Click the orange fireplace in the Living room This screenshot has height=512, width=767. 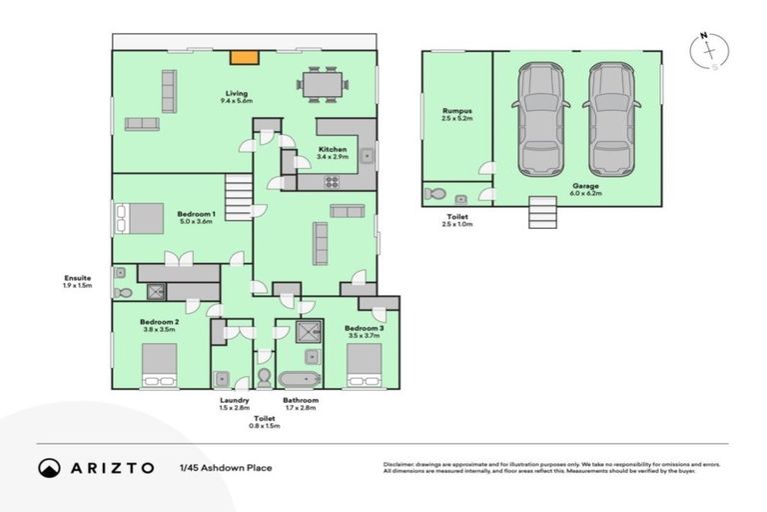click(x=241, y=58)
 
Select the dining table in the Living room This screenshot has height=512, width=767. click(x=323, y=83)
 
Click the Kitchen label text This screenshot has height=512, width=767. click(x=332, y=149)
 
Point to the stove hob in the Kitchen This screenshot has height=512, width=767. click(x=333, y=181)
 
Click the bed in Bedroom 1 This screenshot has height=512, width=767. click(x=139, y=217)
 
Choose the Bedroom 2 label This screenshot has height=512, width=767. click(x=161, y=321)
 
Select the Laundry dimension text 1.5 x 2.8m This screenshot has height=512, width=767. click(x=235, y=408)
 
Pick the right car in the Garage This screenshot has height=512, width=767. click(x=610, y=118)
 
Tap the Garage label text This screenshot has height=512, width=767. click(x=585, y=186)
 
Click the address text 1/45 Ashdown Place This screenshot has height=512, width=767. click(x=225, y=467)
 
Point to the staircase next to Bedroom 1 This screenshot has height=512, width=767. click(x=238, y=191)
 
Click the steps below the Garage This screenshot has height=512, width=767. click(x=540, y=212)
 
